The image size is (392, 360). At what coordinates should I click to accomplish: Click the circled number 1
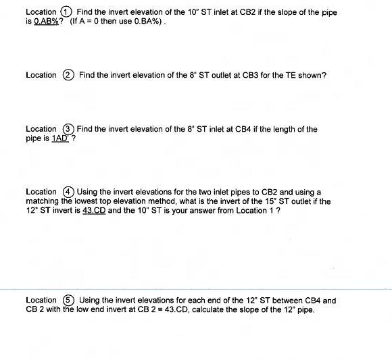(66, 12)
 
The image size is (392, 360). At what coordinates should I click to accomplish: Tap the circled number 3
(68, 129)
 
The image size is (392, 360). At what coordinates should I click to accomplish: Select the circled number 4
(68, 192)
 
